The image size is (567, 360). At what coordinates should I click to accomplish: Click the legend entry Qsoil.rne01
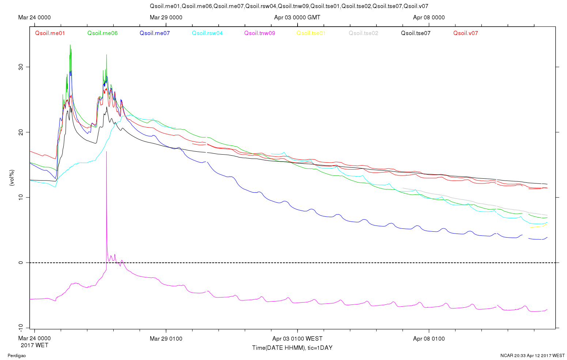(50, 33)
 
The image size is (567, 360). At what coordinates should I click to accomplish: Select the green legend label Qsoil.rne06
(102, 33)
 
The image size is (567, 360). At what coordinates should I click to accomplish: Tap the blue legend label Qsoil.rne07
(155, 33)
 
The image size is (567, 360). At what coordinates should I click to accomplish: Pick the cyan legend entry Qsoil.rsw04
(207, 33)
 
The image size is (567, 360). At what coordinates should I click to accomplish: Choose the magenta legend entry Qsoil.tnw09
(260, 33)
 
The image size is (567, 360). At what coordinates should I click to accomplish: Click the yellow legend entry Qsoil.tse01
(311, 33)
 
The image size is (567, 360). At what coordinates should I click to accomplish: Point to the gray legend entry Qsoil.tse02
(363, 33)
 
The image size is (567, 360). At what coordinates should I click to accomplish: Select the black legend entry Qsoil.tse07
(416, 33)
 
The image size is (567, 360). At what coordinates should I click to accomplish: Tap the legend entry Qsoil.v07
(465, 33)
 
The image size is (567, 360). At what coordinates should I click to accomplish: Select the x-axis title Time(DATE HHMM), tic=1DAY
(292, 348)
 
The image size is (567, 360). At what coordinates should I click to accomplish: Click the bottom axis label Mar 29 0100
(166, 339)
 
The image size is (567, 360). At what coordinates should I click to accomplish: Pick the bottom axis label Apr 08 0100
(429, 339)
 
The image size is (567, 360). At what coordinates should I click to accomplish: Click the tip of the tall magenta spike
(106, 151)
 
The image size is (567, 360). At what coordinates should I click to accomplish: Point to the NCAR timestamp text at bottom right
(533, 355)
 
